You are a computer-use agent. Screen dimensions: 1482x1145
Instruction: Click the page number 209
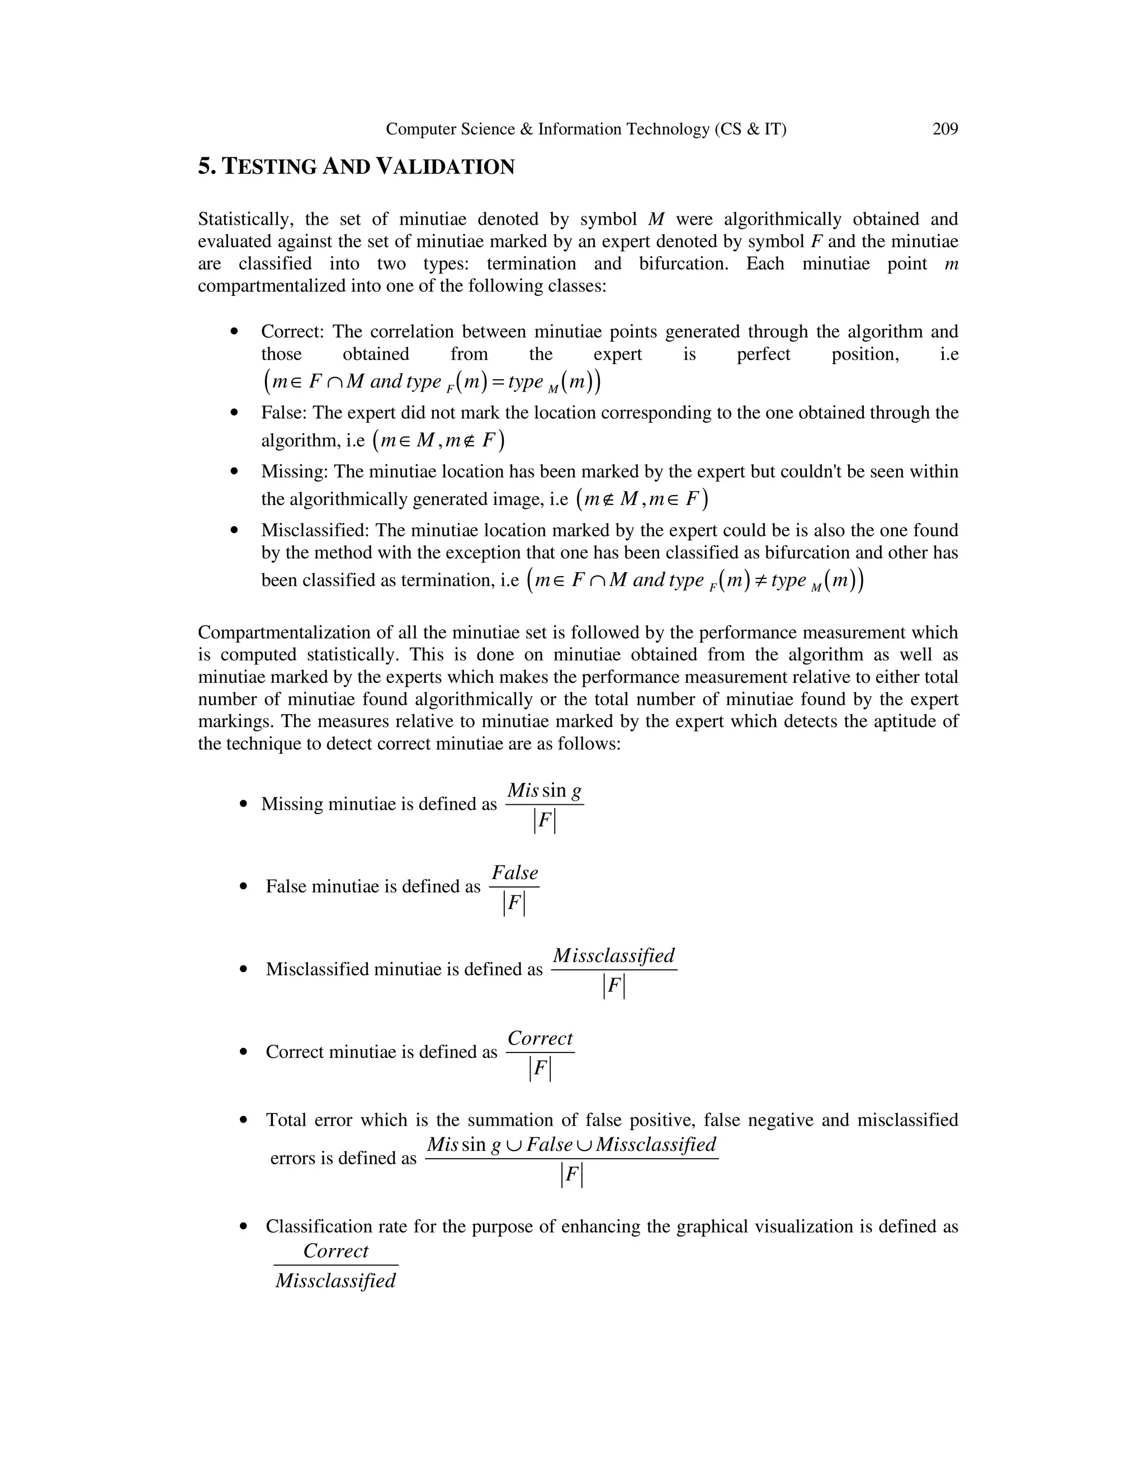click(x=945, y=129)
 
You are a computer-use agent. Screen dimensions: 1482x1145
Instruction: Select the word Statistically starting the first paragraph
click(x=245, y=219)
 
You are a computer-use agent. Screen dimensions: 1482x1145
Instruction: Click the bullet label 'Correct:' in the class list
click(x=292, y=332)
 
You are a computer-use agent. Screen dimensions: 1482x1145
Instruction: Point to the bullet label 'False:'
click(x=284, y=413)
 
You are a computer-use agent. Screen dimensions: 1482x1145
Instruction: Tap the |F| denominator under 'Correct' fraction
click(x=540, y=1069)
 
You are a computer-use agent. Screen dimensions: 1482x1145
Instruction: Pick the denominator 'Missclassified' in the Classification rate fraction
click(x=336, y=1281)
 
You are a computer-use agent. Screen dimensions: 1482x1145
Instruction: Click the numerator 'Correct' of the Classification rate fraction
click(x=336, y=1250)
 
